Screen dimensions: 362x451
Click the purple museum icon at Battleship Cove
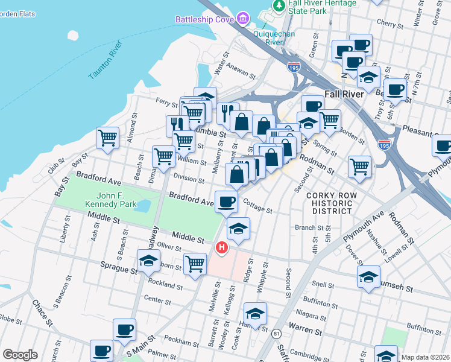pyautogui.click(x=243, y=19)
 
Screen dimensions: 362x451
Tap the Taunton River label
pyautogui.click(x=106, y=61)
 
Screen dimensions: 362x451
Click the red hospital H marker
pyautogui.click(x=222, y=247)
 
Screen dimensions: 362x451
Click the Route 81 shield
pyautogui.click(x=277, y=334)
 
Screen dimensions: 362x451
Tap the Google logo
pyautogui.click(x=20, y=355)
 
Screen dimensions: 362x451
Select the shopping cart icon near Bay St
pyautogui.click(x=107, y=138)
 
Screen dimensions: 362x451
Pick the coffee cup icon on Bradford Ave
pyautogui.click(x=226, y=202)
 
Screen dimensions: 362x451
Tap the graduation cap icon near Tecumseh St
pyautogui.click(x=368, y=277)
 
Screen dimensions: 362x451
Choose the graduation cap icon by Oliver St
pyautogui.click(x=148, y=261)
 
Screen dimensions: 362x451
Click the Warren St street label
pyautogui.click(x=308, y=330)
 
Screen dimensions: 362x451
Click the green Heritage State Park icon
pyautogui.click(x=279, y=5)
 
